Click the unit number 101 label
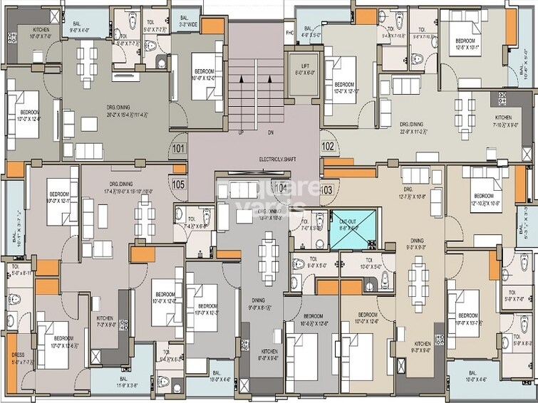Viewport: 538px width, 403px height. point(177,149)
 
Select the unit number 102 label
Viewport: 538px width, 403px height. point(328,147)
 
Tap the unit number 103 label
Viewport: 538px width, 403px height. point(327,189)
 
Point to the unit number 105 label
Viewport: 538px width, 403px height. point(178,184)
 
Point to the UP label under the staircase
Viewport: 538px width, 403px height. point(241,132)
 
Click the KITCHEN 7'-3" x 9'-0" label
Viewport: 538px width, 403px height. point(106,321)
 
